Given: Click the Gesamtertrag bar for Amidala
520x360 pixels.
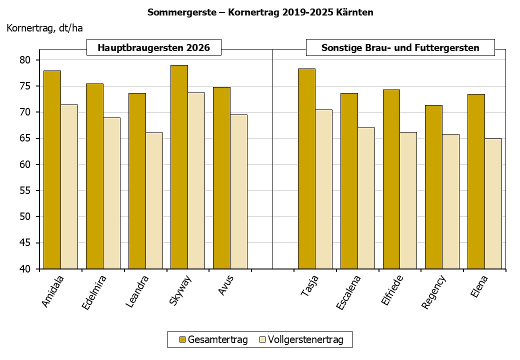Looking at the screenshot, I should tap(52, 170).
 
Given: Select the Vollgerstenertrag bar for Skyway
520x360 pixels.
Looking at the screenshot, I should tap(196, 180).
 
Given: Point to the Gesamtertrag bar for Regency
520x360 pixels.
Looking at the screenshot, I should tap(433, 187).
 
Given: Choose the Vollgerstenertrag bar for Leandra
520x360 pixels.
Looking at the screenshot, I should tap(154, 200).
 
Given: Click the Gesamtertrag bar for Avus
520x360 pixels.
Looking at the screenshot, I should tap(221, 178).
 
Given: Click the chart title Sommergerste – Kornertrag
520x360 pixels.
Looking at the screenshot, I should tap(260, 12).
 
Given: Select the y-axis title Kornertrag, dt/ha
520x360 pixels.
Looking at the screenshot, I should tap(44, 28).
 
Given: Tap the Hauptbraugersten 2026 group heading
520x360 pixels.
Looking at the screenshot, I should tap(153, 48).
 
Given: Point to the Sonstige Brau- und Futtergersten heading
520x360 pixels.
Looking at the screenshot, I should tap(400, 48).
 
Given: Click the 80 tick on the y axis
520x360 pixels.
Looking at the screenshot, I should tap(25, 60).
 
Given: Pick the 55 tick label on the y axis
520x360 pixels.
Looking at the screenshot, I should tap(25, 190).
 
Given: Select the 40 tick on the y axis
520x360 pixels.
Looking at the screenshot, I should tap(25, 269).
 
